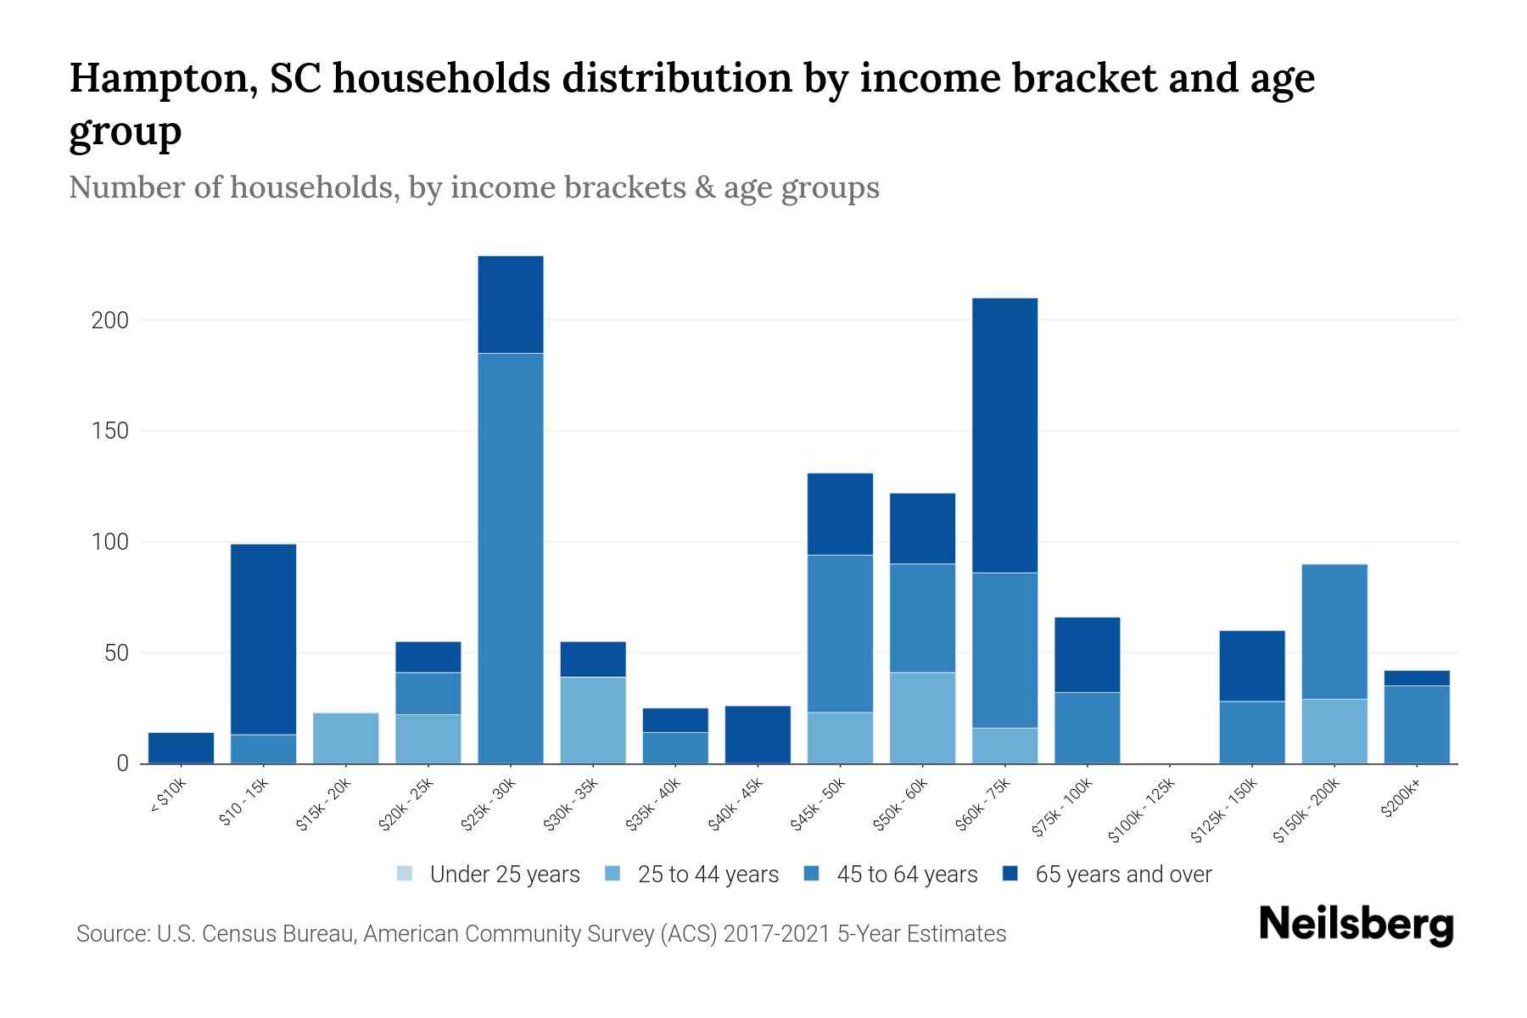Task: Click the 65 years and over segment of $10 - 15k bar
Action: pyautogui.click(x=263, y=638)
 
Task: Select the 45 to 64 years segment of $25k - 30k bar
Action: pyautogui.click(x=510, y=557)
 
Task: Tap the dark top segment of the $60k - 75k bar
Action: pyautogui.click(x=1004, y=435)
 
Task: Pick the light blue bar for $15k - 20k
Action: pyautogui.click(x=345, y=738)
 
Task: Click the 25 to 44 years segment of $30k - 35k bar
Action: pyautogui.click(x=592, y=719)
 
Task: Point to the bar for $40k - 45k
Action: pyautogui.click(x=758, y=734)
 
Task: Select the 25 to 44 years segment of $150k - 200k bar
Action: pyautogui.click(x=1334, y=730)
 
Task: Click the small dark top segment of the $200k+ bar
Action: pyautogui.click(x=1416, y=678)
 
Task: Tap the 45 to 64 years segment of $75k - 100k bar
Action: pyautogui.click(x=1087, y=727)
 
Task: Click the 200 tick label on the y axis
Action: pyautogui.click(x=110, y=321)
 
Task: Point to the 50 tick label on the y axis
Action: pyautogui.click(x=116, y=653)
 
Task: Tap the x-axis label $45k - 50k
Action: pyautogui.click(x=818, y=804)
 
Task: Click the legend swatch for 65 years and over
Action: pyautogui.click(x=1010, y=874)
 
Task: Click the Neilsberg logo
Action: pyautogui.click(x=1356, y=925)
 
